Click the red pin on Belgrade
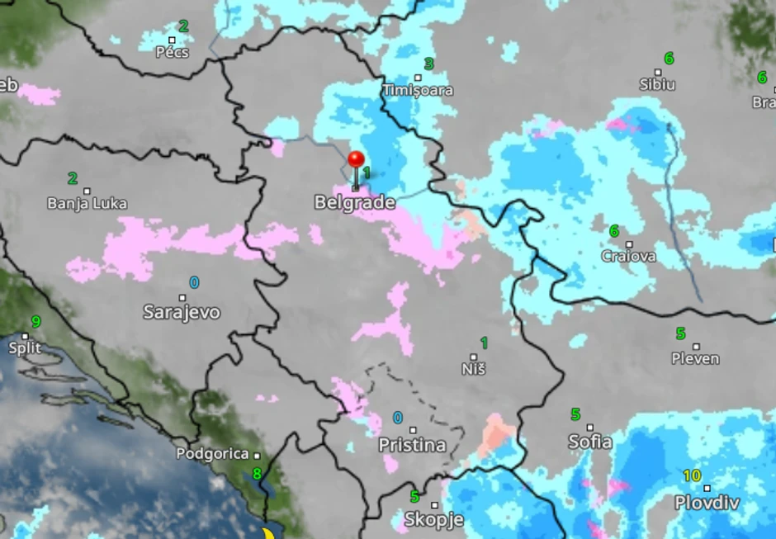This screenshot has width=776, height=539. coord(356,160)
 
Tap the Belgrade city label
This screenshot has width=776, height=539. coord(354,202)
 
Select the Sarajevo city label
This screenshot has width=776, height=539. coord(182,312)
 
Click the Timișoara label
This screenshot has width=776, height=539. coord(418,90)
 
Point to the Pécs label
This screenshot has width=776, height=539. coord(173,53)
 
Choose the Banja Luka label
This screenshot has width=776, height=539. coord(88,203)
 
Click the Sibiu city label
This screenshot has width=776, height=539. coord(657,84)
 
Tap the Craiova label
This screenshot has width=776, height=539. coord(629,256)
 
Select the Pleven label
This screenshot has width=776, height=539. coord(695,358)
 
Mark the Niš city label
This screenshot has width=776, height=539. coord(474,369)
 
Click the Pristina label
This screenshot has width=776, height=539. coord(412,446)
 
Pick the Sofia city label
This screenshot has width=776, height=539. coord(590,442)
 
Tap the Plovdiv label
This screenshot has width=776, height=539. coord(707,503)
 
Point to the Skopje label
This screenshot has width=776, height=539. coord(433,520)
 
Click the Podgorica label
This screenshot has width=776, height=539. coord(212,454)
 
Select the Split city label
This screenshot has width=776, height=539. coord(25,348)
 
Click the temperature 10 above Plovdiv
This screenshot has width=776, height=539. coord(692,475)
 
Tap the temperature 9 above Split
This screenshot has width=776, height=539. coord(35,321)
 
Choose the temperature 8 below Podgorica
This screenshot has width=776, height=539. coord(257,474)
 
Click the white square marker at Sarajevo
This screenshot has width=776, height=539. coord(182,298)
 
